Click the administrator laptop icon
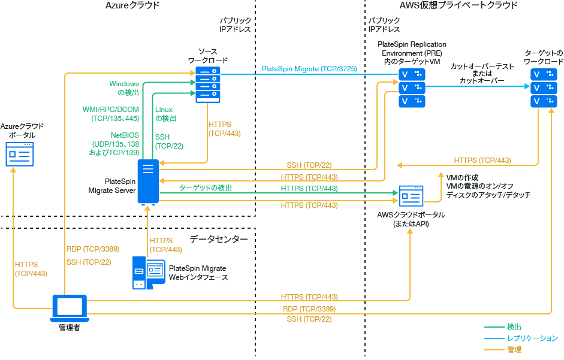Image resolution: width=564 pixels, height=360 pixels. point(70,308)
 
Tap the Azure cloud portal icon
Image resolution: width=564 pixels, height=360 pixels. point(20,154)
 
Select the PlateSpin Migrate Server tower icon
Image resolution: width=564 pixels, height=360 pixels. point(147,181)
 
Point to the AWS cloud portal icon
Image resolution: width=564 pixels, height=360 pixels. point(411,195)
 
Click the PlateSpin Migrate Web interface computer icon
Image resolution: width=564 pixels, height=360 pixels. point(148,273)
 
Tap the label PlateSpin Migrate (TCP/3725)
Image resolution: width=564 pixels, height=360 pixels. point(309,69)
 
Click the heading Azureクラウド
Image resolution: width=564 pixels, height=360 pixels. point(132,5)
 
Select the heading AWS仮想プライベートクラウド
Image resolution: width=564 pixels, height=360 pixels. point(458,5)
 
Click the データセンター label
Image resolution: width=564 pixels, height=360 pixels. point(218,239)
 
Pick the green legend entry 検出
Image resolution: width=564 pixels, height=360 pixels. point(514,326)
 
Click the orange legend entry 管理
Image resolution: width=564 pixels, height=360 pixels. point(514,349)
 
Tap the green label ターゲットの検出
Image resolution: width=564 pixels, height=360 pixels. point(205,188)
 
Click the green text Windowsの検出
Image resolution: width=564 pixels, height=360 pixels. point(124,88)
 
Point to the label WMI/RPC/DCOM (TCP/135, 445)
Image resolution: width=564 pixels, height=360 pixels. point(110,114)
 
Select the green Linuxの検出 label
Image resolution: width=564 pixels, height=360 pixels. point(165,114)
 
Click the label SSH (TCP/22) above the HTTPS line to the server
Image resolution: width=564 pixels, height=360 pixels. point(309,165)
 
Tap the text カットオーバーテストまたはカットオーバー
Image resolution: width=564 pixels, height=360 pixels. point(477,73)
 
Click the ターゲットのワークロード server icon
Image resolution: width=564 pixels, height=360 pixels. point(543,87)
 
